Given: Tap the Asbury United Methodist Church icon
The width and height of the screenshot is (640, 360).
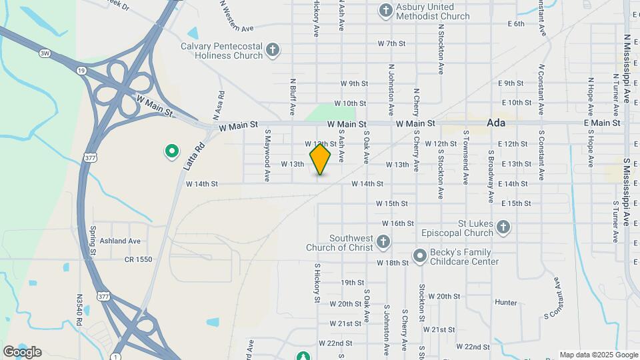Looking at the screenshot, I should [385, 10].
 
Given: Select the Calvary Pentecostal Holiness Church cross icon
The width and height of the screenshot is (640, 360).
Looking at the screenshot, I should [272, 50].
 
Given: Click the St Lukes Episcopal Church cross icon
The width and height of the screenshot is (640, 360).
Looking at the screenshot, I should [503, 228].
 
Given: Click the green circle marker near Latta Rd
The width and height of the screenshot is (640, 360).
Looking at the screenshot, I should [171, 151].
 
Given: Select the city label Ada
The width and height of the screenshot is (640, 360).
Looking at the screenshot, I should [497, 123].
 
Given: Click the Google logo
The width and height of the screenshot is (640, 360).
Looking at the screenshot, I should [21, 351].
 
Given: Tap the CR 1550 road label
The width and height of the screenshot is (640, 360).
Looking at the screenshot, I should [138, 259].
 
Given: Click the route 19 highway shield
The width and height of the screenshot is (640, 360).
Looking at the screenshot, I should [81, 69].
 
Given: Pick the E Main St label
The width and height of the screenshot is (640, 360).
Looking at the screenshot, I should [601, 123].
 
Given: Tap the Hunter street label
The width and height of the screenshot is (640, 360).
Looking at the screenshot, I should [506, 302].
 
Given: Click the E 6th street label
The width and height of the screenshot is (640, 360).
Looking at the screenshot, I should [516, 23].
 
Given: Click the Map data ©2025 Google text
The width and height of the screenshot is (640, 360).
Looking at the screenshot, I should [598, 355].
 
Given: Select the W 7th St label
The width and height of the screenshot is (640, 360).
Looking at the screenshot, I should [391, 43].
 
